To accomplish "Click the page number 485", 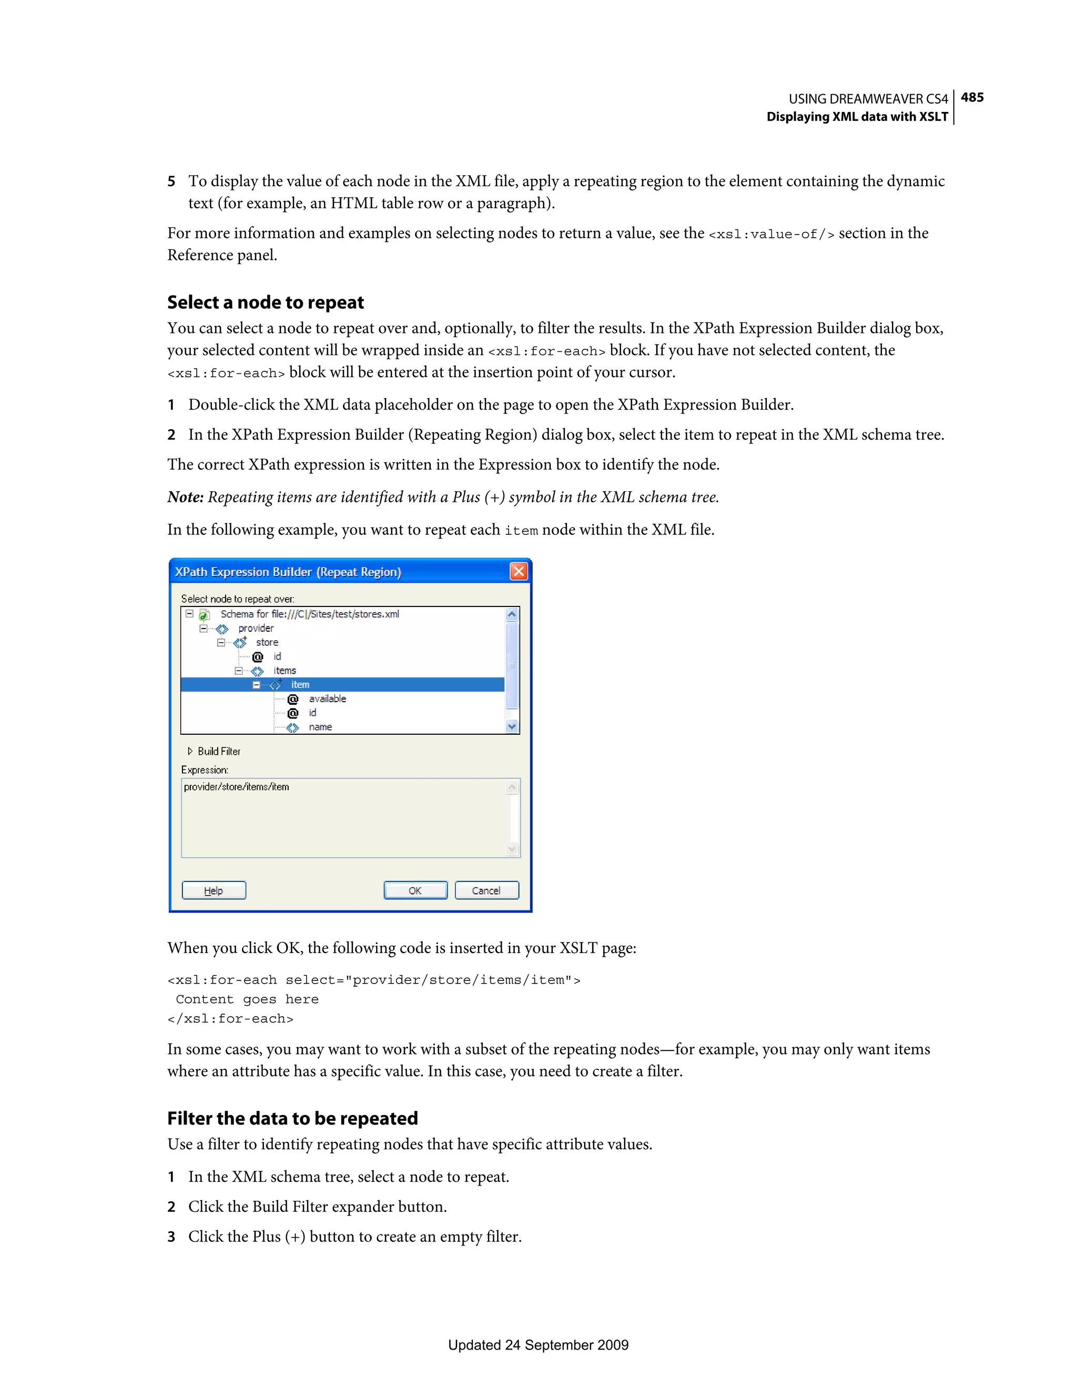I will [x=972, y=97].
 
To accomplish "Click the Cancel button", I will [x=486, y=890].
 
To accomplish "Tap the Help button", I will [x=214, y=890].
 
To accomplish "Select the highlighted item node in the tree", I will [x=300, y=685].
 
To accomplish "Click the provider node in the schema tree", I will [x=256, y=629].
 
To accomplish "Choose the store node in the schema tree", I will [x=267, y=642].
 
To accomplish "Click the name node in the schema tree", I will [x=320, y=727].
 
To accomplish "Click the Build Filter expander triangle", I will [x=190, y=751].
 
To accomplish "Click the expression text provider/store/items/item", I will [x=237, y=787].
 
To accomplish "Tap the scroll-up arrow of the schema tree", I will [x=512, y=614].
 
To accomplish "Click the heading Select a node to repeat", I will [x=266, y=302].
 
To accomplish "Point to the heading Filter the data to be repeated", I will [x=292, y=1118].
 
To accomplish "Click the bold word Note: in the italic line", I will [x=185, y=497].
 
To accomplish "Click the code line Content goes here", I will [x=247, y=999].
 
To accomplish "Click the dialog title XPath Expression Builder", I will [x=288, y=572].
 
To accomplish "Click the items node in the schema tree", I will [x=284, y=671].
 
